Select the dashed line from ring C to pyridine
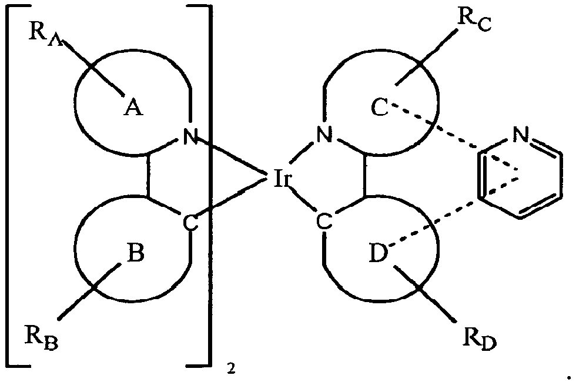435,128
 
